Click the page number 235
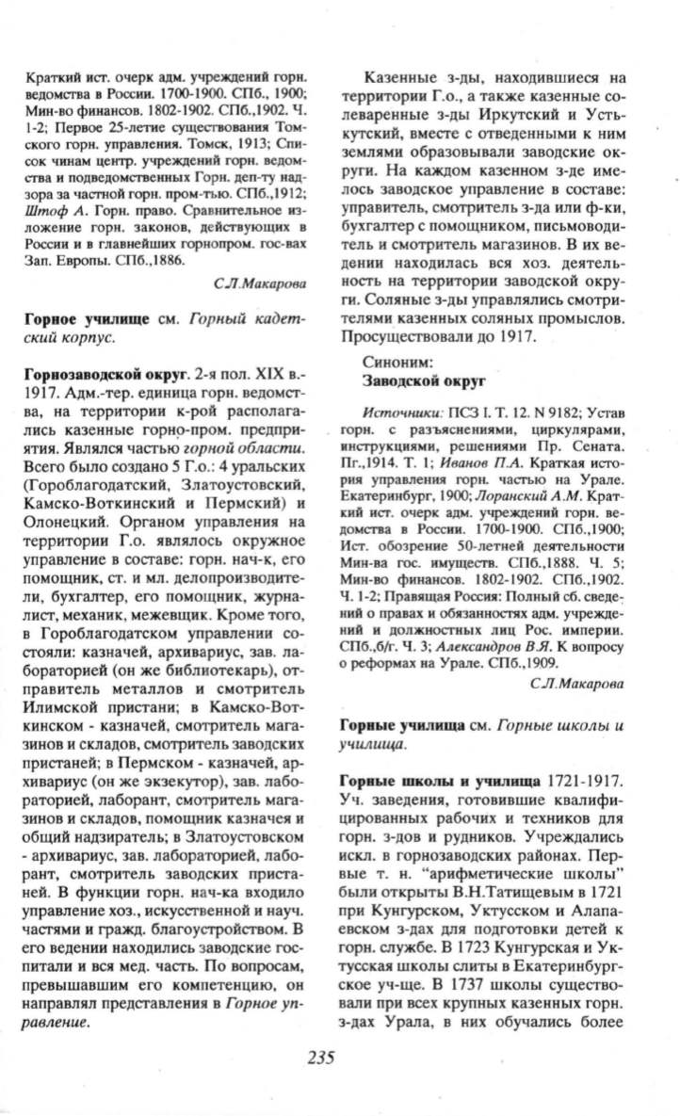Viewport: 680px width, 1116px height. point(320,1057)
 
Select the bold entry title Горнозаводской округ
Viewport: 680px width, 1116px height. point(95,374)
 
